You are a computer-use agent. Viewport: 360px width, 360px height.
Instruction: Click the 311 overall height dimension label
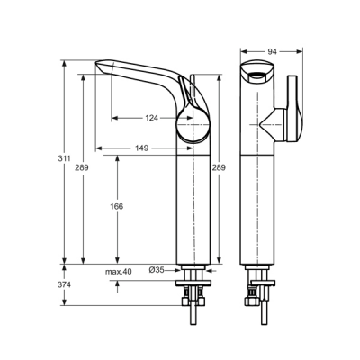[x=62, y=159]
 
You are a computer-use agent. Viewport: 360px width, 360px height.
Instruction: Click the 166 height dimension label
[x=118, y=206]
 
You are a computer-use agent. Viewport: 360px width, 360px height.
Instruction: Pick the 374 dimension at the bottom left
[x=62, y=285]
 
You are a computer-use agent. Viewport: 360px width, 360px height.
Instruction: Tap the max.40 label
[x=118, y=270]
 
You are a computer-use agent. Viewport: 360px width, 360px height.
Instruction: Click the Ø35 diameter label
[x=156, y=270]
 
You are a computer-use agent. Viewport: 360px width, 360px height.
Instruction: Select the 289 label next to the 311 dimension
[x=83, y=167]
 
